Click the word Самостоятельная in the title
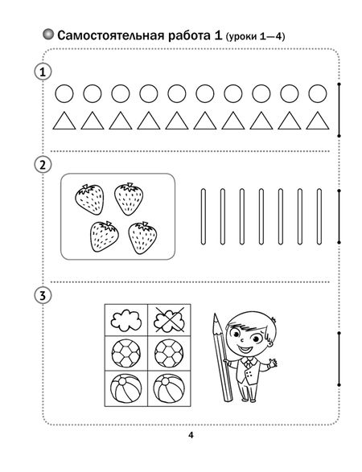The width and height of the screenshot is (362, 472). (110, 35)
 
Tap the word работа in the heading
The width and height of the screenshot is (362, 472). (189, 35)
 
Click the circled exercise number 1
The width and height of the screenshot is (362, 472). (43, 72)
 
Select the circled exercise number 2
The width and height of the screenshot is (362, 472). (43, 165)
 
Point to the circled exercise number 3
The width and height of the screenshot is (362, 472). (43, 295)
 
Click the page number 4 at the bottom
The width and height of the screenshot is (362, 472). (191, 435)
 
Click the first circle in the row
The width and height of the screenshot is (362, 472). (64, 93)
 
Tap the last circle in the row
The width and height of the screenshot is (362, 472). (318, 93)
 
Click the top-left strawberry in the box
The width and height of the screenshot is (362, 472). (89, 199)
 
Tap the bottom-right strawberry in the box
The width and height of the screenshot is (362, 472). (142, 238)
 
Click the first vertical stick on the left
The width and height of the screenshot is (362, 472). (204, 216)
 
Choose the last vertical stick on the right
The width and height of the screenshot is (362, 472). (319, 216)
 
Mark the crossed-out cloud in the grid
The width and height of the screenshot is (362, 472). (169, 320)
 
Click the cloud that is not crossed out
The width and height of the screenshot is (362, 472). (126, 320)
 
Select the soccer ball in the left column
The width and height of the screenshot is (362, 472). (126, 354)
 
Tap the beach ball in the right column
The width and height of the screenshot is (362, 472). (169, 388)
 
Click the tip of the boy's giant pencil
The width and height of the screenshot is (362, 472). (215, 314)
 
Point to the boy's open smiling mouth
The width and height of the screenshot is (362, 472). (245, 349)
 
